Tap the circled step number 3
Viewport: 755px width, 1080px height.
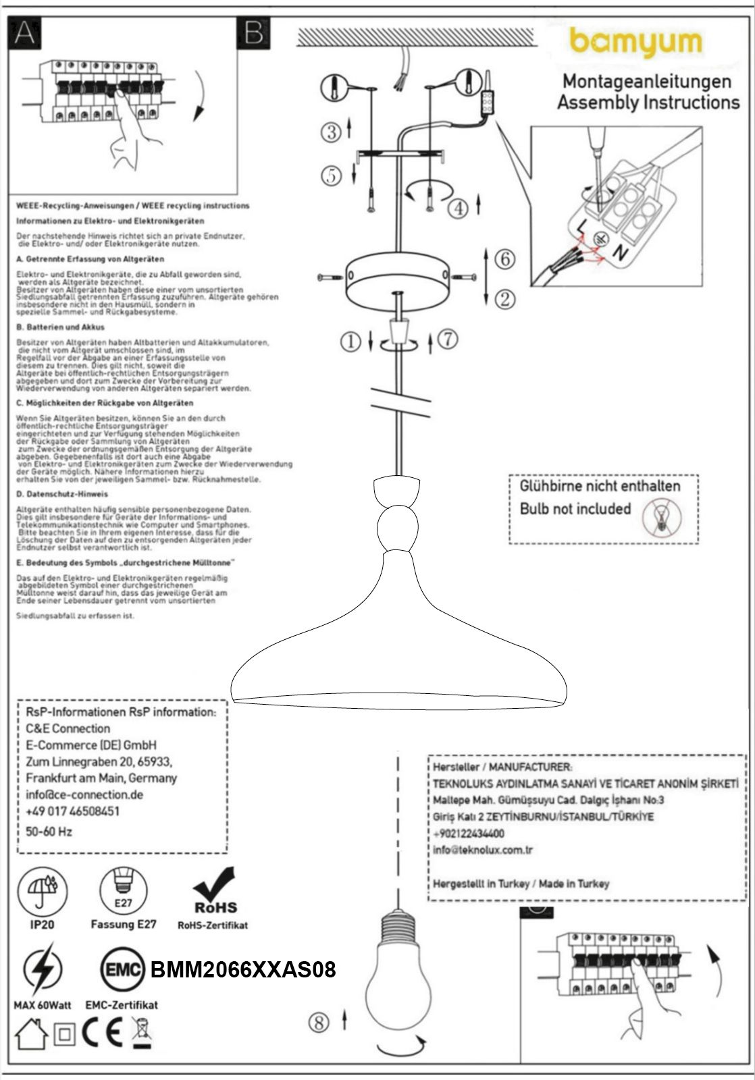331,132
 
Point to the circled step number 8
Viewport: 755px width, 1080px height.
319,1023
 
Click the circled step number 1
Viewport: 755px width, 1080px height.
350,342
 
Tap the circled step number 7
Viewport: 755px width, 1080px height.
448,340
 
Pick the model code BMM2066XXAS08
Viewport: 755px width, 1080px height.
243,970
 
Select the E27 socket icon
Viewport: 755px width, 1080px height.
123,890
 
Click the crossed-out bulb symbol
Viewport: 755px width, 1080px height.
662,517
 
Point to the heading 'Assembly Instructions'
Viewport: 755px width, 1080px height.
648,103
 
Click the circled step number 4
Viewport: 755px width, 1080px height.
459,208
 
